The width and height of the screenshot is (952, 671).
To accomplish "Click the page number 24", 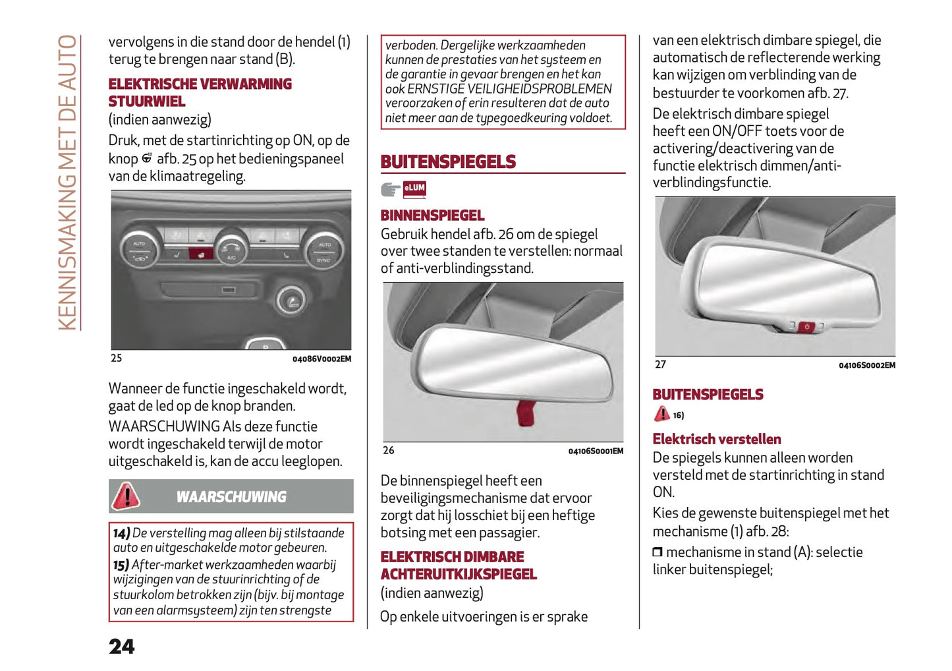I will click(x=122, y=647).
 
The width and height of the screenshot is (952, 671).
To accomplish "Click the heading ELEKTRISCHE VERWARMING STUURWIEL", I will click(x=200, y=93).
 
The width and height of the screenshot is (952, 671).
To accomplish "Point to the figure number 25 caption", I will click(x=117, y=359).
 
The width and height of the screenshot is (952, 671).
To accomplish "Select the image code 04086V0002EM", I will click(x=322, y=359).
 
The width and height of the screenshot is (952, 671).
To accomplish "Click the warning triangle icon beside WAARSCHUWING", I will click(x=126, y=496).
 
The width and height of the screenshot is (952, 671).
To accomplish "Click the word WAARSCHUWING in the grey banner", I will click(x=231, y=497).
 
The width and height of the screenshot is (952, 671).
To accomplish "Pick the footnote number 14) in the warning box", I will click(x=121, y=533).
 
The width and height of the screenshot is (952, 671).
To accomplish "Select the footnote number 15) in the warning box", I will click(x=121, y=565).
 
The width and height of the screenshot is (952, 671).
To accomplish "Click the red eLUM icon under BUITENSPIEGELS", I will click(x=414, y=189).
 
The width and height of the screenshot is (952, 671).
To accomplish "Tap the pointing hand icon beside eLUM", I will click(x=391, y=190).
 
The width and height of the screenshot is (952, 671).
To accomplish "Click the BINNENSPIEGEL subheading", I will click(x=432, y=216).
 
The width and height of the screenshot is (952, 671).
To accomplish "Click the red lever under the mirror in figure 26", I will click(x=526, y=413).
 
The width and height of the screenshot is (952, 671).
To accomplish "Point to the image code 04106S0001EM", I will click(x=596, y=452).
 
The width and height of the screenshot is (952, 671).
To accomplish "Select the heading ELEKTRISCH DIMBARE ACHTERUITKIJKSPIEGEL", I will click(x=459, y=566).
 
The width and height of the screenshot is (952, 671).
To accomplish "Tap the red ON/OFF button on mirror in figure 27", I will click(x=807, y=327).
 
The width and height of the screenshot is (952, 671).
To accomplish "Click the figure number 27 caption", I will click(x=660, y=365).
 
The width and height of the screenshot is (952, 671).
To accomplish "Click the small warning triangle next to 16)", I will click(x=661, y=414).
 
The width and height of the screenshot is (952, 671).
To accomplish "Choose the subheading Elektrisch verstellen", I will click(x=717, y=440).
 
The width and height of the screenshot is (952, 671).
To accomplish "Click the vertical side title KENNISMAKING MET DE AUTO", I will click(x=68, y=183).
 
